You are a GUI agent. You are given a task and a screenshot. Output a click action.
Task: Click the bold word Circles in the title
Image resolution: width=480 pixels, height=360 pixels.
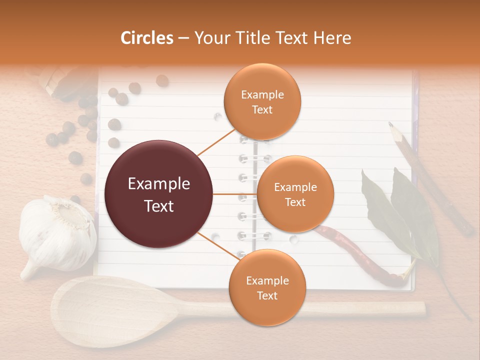coord(147,38)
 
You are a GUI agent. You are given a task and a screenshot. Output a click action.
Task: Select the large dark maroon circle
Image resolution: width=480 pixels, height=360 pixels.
coord(159,194)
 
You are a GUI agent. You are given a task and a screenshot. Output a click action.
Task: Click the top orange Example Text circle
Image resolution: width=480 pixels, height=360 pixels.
coord(262,102)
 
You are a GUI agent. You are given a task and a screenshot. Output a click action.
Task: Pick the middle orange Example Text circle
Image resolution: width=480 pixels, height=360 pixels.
coord(295,194)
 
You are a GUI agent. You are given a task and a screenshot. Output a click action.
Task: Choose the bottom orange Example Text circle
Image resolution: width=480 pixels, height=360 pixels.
coord(267,288)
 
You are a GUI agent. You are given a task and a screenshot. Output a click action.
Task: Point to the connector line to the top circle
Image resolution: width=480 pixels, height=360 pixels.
coord(216,141)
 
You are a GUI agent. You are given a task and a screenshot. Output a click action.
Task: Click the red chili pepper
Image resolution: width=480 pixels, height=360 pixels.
coord(360,255)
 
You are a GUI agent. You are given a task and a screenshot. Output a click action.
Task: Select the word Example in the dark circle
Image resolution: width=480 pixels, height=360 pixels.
coord(159,184)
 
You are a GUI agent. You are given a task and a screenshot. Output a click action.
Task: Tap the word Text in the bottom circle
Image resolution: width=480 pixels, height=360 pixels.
coord(267,295)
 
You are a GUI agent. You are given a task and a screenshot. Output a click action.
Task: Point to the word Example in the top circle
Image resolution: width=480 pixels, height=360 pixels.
coord(262,94)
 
